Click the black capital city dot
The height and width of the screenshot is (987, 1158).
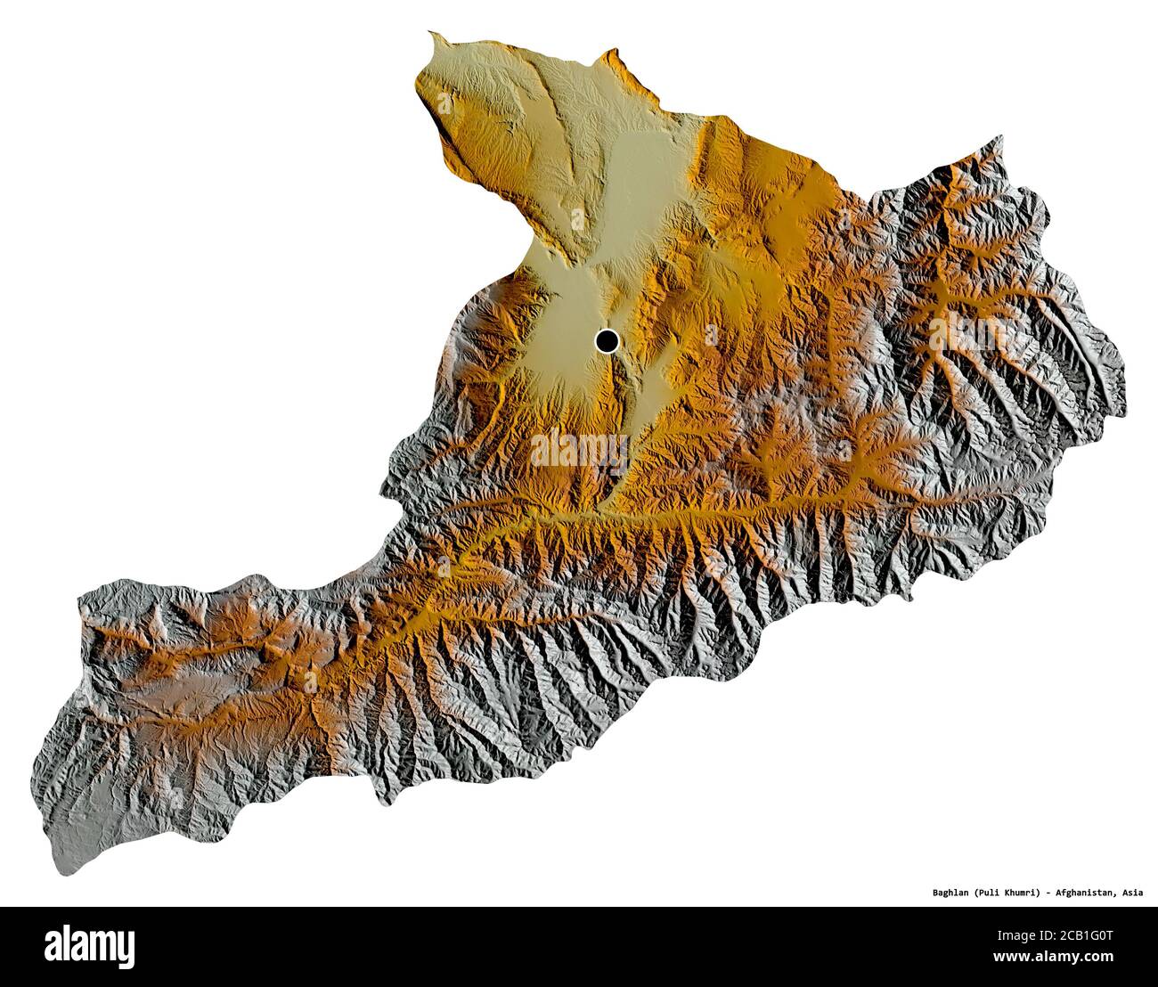pos(608,339)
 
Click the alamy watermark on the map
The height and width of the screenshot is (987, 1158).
pos(579,451)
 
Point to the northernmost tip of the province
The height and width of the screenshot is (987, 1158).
pos(431,35)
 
